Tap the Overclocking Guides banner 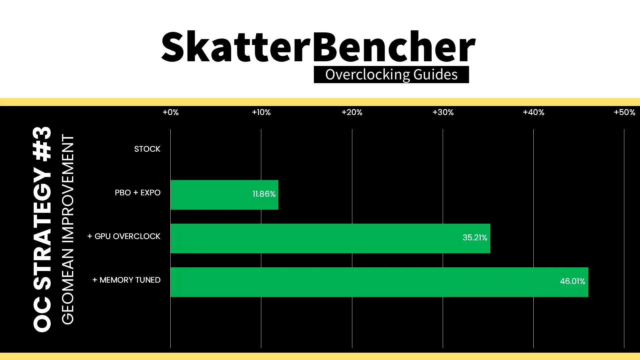391,75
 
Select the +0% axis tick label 171,112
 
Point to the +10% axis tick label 261,112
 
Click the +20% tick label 352,112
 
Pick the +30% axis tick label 443,112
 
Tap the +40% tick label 534,112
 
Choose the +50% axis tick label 625,112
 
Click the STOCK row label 147,149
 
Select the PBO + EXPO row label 138,193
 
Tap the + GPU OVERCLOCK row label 124,236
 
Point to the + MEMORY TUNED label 126,280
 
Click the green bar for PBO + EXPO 224,195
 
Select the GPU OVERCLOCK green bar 330,238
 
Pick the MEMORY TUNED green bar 379,282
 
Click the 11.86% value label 264,194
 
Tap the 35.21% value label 475,238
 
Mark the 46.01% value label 573,281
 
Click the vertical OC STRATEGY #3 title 42,229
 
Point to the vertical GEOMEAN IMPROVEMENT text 68,229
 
